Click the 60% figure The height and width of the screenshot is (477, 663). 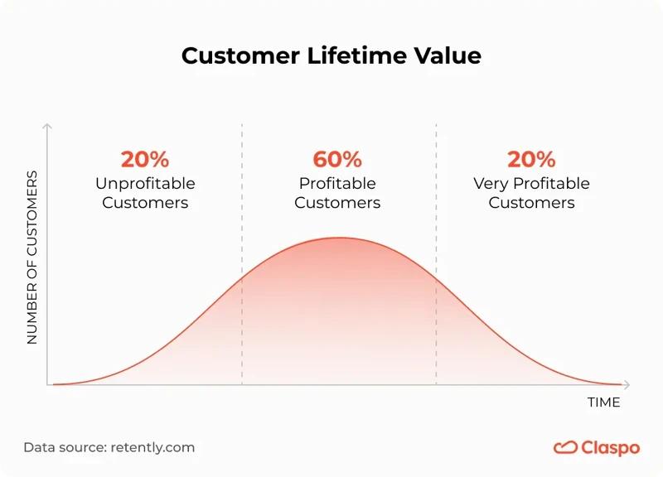tap(337, 159)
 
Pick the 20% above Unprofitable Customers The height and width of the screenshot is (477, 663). tap(145, 159)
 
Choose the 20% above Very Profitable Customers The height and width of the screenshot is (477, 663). tap(531, 159)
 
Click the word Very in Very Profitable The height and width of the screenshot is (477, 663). tap(490, 183)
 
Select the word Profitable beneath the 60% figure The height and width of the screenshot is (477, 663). tap(337, 183)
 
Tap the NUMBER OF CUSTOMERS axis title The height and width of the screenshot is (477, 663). tap(33, 258)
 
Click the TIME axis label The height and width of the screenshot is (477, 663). tap(603, 402)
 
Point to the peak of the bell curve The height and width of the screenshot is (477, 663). tap(338, 238)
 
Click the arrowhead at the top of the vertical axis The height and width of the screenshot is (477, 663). tap(47, 127)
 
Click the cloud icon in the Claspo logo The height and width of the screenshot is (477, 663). tap(565, 447)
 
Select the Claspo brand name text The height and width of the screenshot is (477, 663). tap(610, 448)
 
